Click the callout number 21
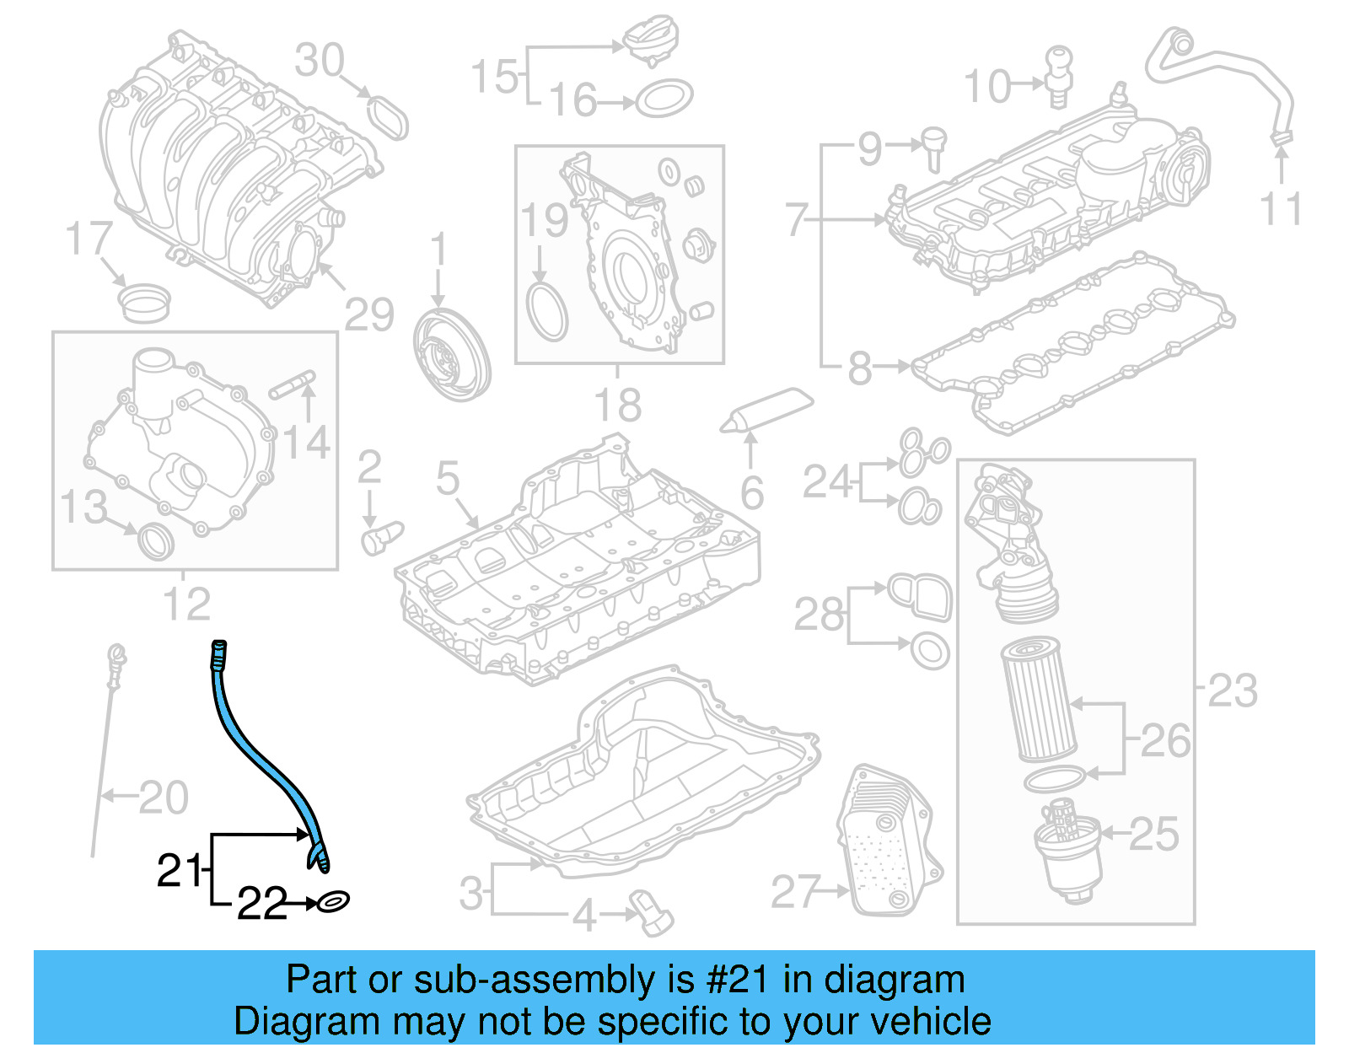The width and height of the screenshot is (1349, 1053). (180, 870)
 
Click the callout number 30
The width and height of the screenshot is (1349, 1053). (320, 61)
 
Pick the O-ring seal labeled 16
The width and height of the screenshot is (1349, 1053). (664, 99)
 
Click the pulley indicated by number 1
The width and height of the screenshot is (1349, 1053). (452, 354)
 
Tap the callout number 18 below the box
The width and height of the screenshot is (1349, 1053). (618, 406)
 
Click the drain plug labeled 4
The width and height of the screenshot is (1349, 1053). (653, 914)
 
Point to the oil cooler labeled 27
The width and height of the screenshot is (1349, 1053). (889, 843)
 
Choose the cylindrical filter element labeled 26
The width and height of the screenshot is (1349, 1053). (1038, 700)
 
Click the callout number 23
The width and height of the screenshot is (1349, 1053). (1233, 691)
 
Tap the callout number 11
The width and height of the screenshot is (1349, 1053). (1282, 209)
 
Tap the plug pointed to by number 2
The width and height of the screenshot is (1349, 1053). (380, 536)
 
